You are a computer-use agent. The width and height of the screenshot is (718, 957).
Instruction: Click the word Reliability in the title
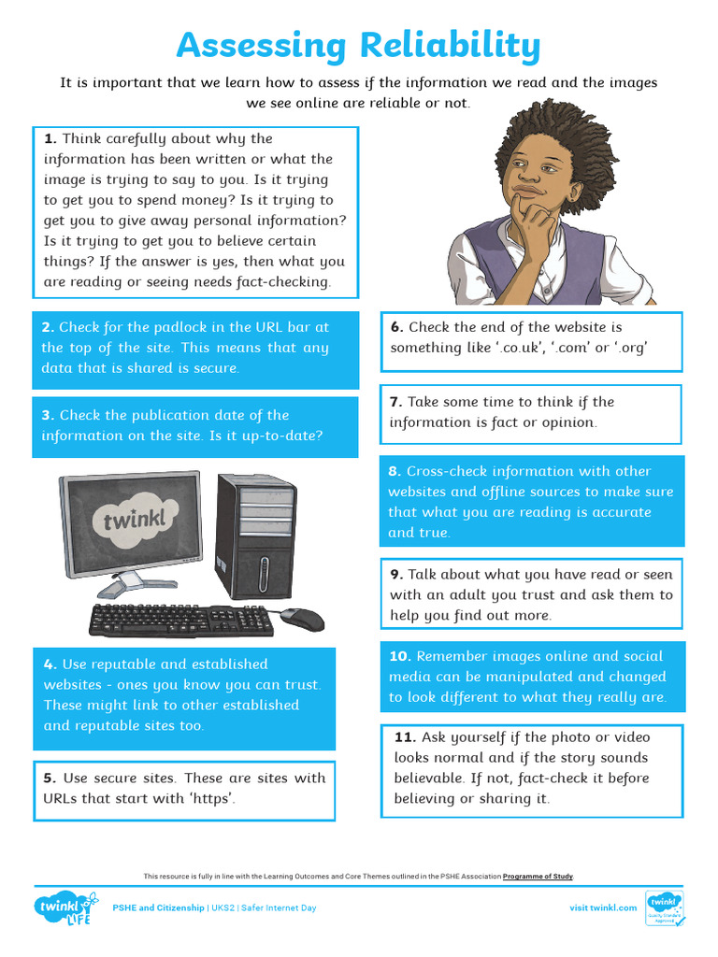click(450, 45)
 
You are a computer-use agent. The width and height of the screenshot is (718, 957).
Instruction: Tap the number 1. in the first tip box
click(50, 138)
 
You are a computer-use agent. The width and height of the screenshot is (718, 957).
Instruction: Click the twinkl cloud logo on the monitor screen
click(135, 521)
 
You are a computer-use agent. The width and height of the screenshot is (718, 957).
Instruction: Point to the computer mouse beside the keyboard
click(304, 619)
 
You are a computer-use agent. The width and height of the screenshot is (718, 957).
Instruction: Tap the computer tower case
click(256, 536)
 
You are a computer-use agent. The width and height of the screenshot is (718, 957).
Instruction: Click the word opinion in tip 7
click(567, 422)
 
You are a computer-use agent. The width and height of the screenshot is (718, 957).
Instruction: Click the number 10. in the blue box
click(400, 656)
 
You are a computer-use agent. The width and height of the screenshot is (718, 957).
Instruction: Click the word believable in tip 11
click(428, 778)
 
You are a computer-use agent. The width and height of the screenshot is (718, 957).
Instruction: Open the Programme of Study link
click(538, 877)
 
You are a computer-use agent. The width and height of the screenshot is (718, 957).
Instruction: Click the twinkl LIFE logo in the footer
click(65, 907)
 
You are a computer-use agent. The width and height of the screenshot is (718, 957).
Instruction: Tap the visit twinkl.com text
click(603, 907)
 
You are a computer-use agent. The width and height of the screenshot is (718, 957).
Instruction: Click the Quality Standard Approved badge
click(665, 908)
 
